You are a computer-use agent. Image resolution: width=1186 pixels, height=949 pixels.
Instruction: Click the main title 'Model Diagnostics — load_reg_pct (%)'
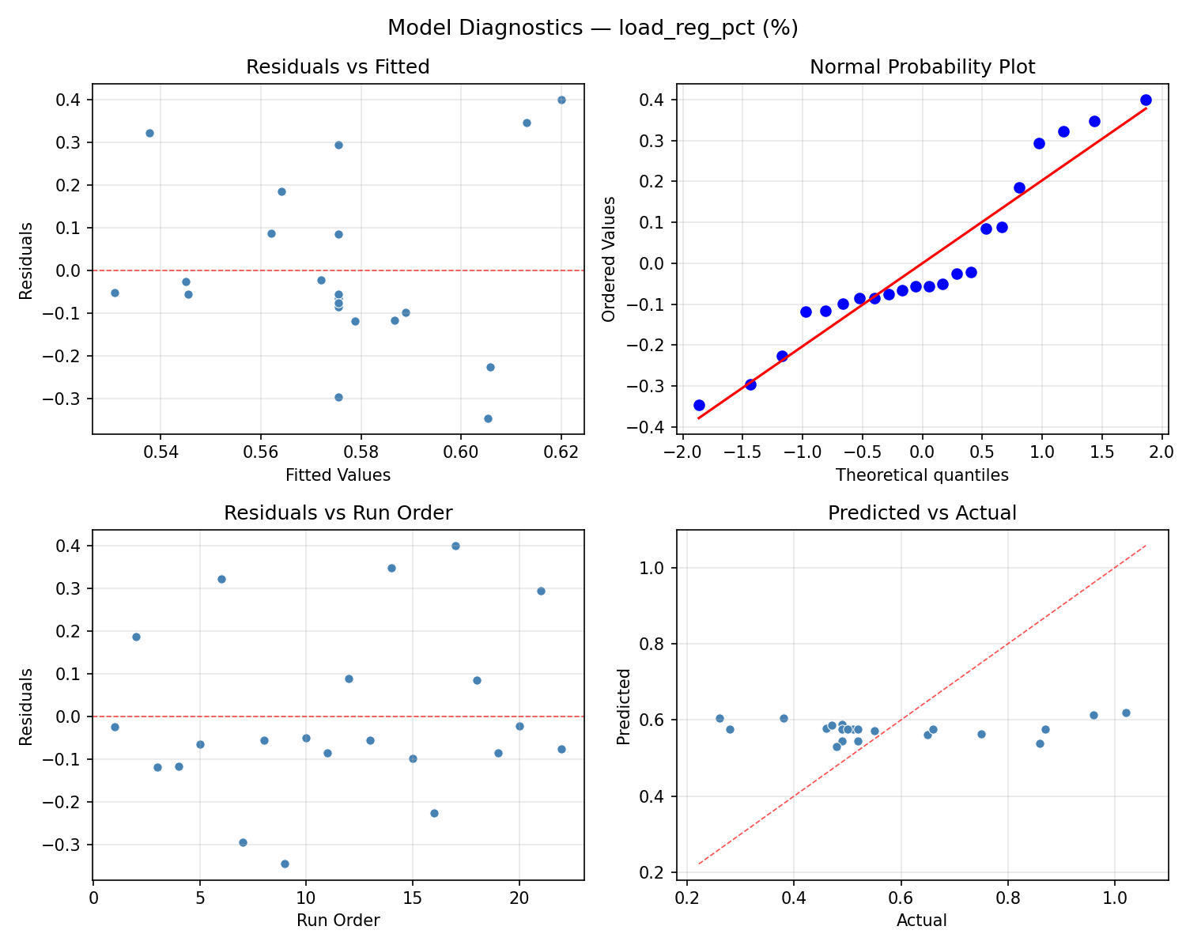tap(592, 28)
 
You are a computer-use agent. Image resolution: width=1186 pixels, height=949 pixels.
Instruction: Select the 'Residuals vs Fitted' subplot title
tap(338, 67)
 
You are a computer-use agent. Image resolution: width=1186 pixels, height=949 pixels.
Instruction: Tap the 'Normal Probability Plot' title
tap(922, 67)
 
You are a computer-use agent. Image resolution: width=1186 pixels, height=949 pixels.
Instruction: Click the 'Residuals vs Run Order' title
tap(338, 513)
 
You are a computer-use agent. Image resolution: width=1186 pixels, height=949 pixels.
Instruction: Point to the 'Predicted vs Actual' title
tap(922, 513)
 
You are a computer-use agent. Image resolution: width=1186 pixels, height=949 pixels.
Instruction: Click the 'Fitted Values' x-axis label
tap(338, 475)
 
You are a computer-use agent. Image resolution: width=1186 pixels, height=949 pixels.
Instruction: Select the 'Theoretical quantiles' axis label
tap(922, 475)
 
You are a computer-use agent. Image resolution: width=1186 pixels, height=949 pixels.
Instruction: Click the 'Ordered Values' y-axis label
tap(609, 259)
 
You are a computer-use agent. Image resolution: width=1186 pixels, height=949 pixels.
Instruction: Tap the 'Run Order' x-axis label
tap(338, 921)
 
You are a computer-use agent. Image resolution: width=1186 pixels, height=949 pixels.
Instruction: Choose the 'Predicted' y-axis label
tap(624, 706)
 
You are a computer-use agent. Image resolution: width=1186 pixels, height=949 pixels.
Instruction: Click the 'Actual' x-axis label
tap(922, 921)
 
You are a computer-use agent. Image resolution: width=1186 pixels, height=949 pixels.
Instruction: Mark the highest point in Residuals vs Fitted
tap(561, 100)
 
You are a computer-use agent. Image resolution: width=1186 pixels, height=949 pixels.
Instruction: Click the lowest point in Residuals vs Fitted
tap(488, 418)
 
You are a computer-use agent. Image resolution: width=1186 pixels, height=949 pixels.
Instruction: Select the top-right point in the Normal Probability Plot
tap(1146, 100)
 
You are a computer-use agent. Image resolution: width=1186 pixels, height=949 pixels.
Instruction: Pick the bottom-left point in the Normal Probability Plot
tap(699, 405)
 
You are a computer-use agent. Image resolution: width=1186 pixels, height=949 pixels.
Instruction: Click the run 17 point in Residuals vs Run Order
tap(455, 546)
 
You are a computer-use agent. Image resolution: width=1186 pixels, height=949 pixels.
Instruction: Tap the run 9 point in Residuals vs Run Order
tap(285, 864)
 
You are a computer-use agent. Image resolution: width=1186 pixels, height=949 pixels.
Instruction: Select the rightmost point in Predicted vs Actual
tap(1126, 713)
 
